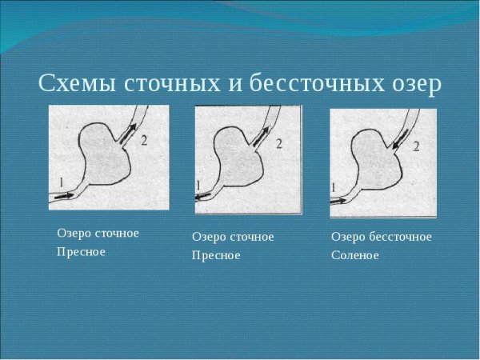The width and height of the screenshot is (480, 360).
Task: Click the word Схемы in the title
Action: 75,84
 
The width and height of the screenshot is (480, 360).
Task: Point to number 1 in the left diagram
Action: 60,182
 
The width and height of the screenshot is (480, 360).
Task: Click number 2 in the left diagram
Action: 144,141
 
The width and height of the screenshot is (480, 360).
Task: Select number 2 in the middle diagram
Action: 279,144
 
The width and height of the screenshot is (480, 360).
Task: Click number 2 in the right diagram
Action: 415,147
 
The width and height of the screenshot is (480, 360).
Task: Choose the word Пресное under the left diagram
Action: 81,251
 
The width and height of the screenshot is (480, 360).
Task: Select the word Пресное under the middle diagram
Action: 216,255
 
